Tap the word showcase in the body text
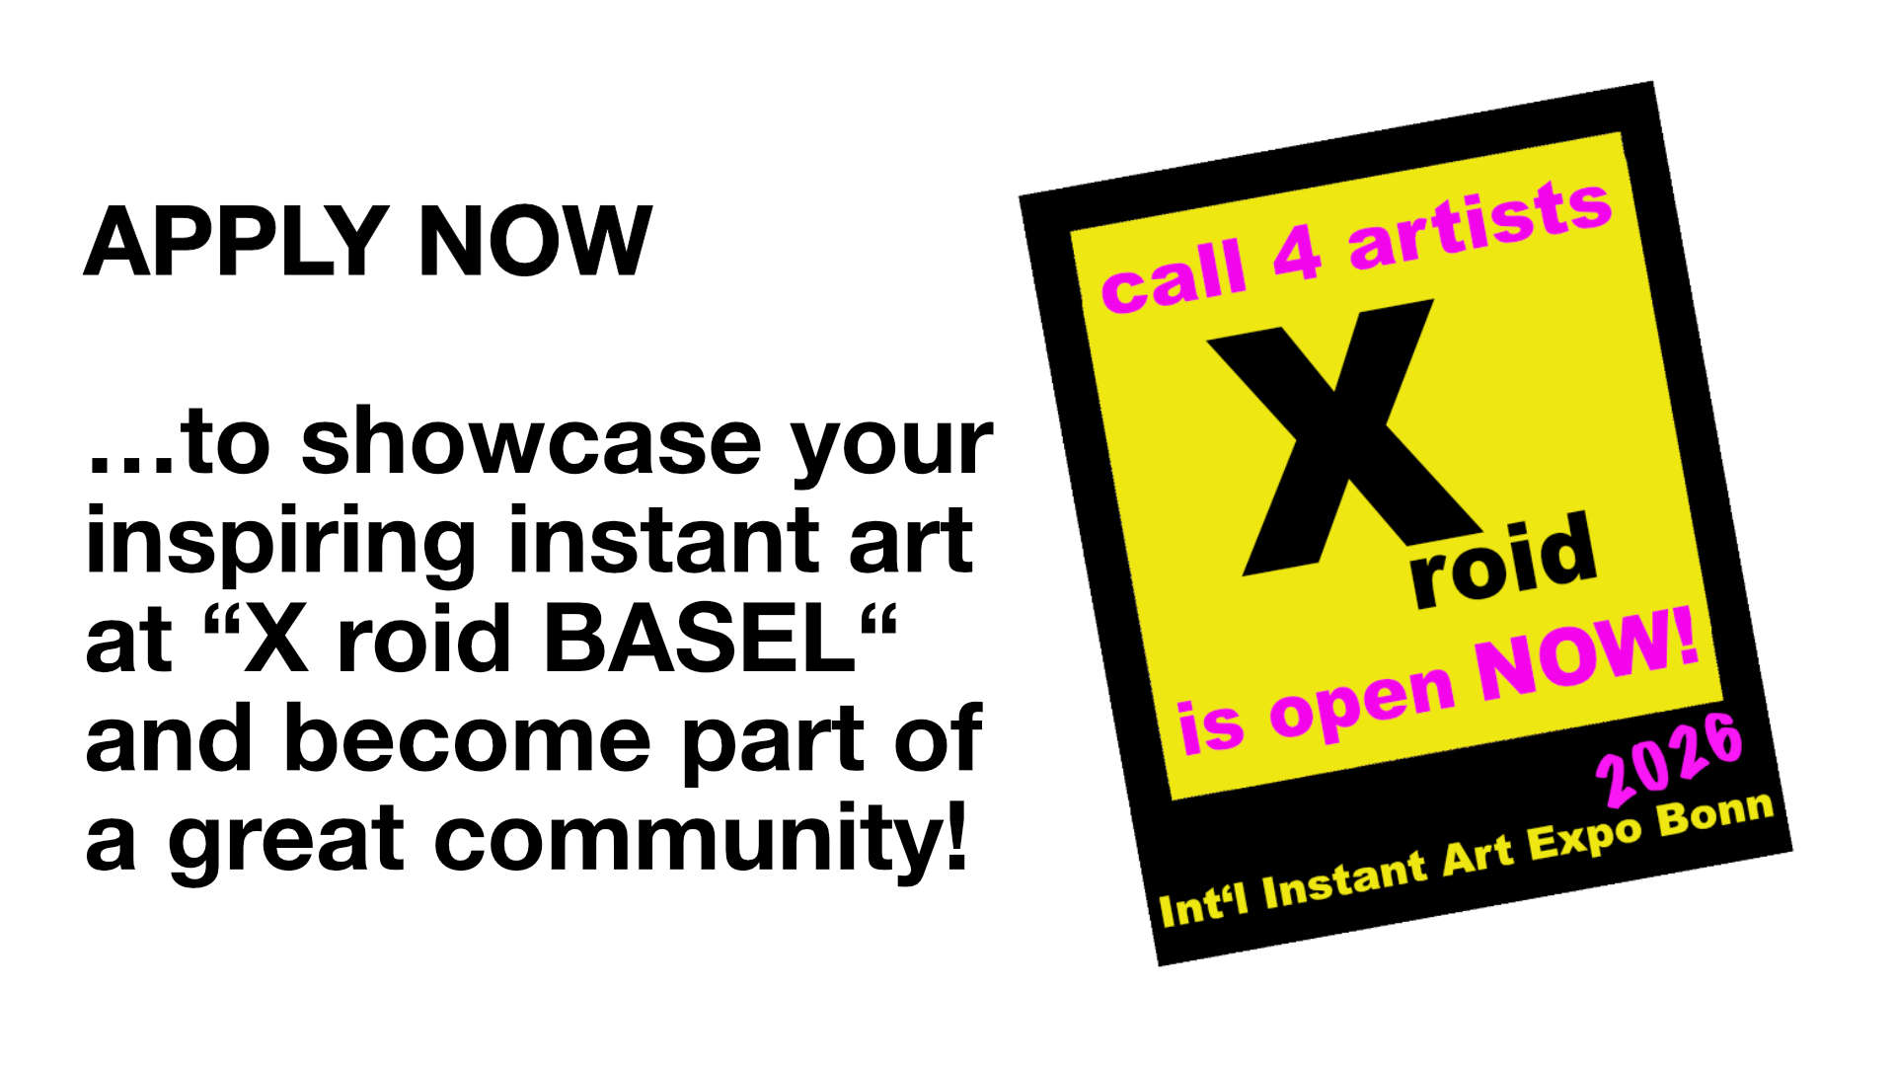531,441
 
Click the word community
681,841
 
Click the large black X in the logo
1344,439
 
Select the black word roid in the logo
1502,560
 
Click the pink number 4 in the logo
1297,253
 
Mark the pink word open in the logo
1361,704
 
